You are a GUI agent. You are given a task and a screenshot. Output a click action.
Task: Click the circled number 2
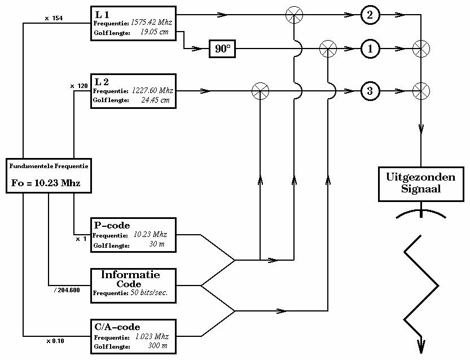pyautogui.click(x=370, y=15)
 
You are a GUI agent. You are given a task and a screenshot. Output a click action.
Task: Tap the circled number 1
pyautogui.click(x=370, y=49)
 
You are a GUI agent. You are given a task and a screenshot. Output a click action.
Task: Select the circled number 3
pyautogui.click(x=370, y=90)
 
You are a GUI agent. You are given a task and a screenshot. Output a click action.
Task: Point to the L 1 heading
pyautogui.click(x=102, y=14)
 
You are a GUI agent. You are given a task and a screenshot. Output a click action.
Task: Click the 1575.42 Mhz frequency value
pyautogui.click(x=151, y=23)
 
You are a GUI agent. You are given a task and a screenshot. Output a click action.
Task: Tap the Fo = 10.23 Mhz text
pyautogui.click(x=46, y=183)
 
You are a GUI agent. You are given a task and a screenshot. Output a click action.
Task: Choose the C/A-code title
pyautogui.click(x=117, y=327)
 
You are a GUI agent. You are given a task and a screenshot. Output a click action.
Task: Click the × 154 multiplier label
pyautogui.click(x=54, y=18)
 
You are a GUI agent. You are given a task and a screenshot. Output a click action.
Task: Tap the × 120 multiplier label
pyautogui.click(x=79, y=86)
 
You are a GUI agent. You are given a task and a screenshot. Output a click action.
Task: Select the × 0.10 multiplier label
pyautogui.click(x=55, y=341)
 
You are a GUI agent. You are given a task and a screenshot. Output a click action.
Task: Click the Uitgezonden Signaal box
pyautogui.click(x=420, y=183)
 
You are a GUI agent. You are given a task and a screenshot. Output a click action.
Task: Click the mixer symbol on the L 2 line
pyautogui.click(x=260, y=90)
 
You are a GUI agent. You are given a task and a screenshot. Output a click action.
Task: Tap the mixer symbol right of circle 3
pyautogui.click(x=421, y=90)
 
